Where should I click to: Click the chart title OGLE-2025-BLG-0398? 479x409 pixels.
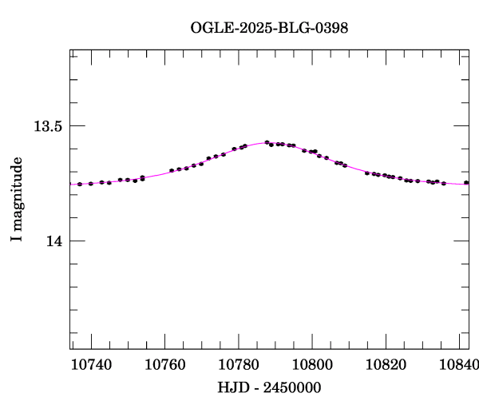pyautogui.click(x=270, y=28)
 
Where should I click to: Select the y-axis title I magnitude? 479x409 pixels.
pyautogui.click(x=16, y=201)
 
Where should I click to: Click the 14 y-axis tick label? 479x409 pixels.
pyautogui.click(x=54, y=240)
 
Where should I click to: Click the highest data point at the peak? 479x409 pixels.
pyautogui.click(x=267, y=142)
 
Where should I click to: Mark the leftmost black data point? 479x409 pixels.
pyautogui.click(x=80, y=184)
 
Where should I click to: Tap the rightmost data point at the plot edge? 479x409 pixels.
pyautogui.click(x=466, y=183)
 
